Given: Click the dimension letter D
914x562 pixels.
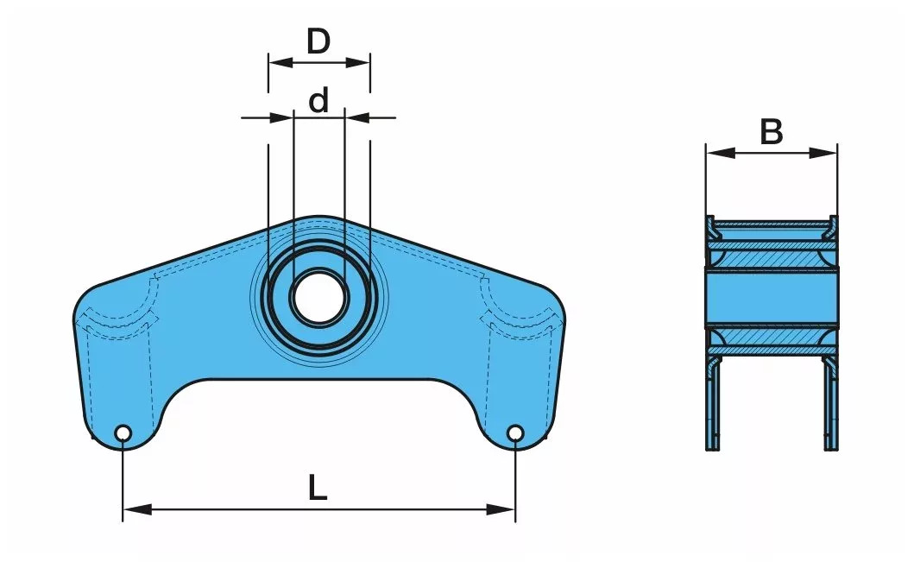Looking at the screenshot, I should point(318,41).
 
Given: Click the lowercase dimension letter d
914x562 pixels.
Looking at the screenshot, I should point(319,101).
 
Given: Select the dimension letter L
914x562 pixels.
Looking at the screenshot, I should point(318,489).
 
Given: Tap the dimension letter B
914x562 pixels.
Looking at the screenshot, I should point(771,133).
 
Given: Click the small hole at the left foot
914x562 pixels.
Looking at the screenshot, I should point(123,433).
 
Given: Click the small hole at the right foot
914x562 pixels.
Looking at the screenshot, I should point(515,433).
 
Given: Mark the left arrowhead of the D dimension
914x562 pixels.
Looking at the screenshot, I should point(279,61).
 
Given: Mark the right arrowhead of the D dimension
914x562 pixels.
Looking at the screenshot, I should point(360,61).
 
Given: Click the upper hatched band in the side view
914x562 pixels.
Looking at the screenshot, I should point(771,258).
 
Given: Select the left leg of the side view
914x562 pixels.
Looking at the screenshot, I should point(713,406).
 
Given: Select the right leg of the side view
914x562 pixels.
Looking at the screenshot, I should point(830,406).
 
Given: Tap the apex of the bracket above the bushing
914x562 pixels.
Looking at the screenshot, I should point(318,218).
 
